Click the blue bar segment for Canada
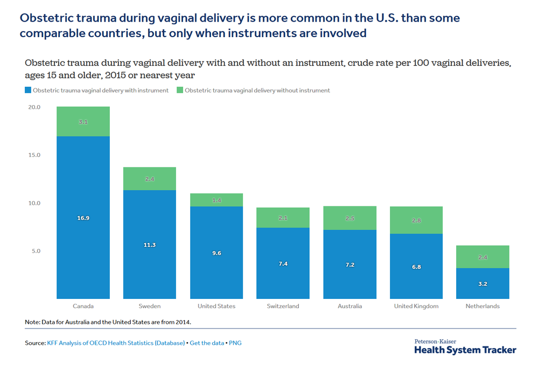click(83, 217)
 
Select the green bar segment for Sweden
click(150, 178)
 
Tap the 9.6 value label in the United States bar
click(216, 253)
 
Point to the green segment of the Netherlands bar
click(483, 257)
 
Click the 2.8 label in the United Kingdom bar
click(416, 220)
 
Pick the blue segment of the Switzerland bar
click(283, 263)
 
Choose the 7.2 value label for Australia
click(350, 264)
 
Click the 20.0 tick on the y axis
click(34, 107)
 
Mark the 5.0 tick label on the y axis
click(36, 251)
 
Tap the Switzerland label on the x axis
click(283, 306)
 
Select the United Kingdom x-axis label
click(416, 306)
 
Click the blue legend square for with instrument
click(28, 90)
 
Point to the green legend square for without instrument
click(180, 90)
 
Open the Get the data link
click(207, 343)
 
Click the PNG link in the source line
click(235, 343)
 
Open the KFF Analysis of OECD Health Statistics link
click(116, 343)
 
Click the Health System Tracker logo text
click(465, 350)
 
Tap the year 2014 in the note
click(183, 322)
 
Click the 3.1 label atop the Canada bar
click(83, 122)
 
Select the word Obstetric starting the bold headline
click(46, 18)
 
